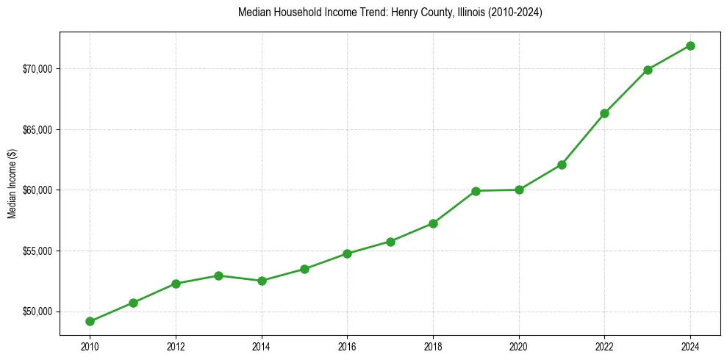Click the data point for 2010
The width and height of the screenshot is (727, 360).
click(90, 321)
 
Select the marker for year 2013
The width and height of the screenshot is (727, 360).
click(218, 276)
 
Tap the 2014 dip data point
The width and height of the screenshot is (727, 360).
click(262, 281)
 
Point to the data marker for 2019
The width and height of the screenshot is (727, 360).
click(476, 191)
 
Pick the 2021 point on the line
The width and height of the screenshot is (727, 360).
click(562, 165)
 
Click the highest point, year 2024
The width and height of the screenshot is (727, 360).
click(690, 46)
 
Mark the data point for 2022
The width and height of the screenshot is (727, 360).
click(604, 113)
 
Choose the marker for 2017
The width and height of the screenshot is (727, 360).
click(390, 242)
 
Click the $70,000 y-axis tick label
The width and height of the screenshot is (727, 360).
click(37, 69)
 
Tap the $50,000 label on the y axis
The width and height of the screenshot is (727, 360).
click(37, 312)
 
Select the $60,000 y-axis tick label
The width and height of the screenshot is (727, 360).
click(37, 190)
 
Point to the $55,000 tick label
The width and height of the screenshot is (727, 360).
click(37, 251)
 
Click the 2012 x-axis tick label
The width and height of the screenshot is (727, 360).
click(176, 346)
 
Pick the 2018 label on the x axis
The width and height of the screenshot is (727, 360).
click(433, 346)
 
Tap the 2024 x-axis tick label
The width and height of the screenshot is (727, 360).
click(690, 346)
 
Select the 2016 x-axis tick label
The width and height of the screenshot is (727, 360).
click(347, 346)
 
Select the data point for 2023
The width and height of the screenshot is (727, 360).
click(648, 70)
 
